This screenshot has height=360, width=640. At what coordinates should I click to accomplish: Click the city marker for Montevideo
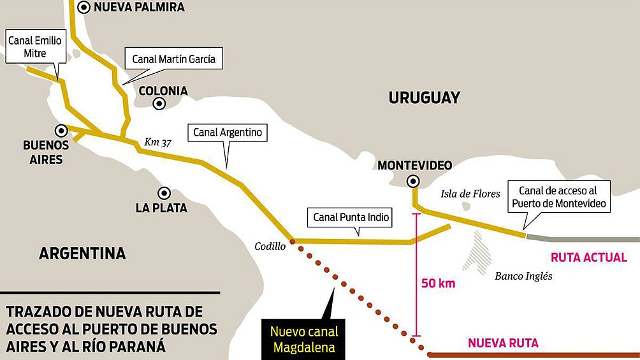[x=414, y=181]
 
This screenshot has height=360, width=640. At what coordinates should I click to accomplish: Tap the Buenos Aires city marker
[x=61, y=131]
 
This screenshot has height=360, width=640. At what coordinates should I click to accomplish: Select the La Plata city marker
[x=164, y=192]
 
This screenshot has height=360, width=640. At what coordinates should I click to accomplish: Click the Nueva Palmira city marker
[x=84, y=8]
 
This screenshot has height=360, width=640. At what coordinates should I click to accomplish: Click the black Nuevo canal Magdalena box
[x=304, y=339]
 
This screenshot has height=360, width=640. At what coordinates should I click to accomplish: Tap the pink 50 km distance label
[x=439, y=283]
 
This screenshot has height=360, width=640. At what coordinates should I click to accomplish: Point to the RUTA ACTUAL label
[x=588, y=258]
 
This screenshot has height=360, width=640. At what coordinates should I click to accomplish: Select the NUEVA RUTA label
[x=503, y=343]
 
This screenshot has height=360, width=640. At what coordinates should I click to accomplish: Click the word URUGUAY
[x=424, y=97]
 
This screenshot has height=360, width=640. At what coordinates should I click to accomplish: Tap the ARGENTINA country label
[x=82, y=253]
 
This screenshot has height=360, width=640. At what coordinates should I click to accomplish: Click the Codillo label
[x=271, y=245]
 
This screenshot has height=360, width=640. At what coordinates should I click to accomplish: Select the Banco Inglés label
[x=523, y=276]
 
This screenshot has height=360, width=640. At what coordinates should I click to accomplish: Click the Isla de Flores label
[x=470, y=193]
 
